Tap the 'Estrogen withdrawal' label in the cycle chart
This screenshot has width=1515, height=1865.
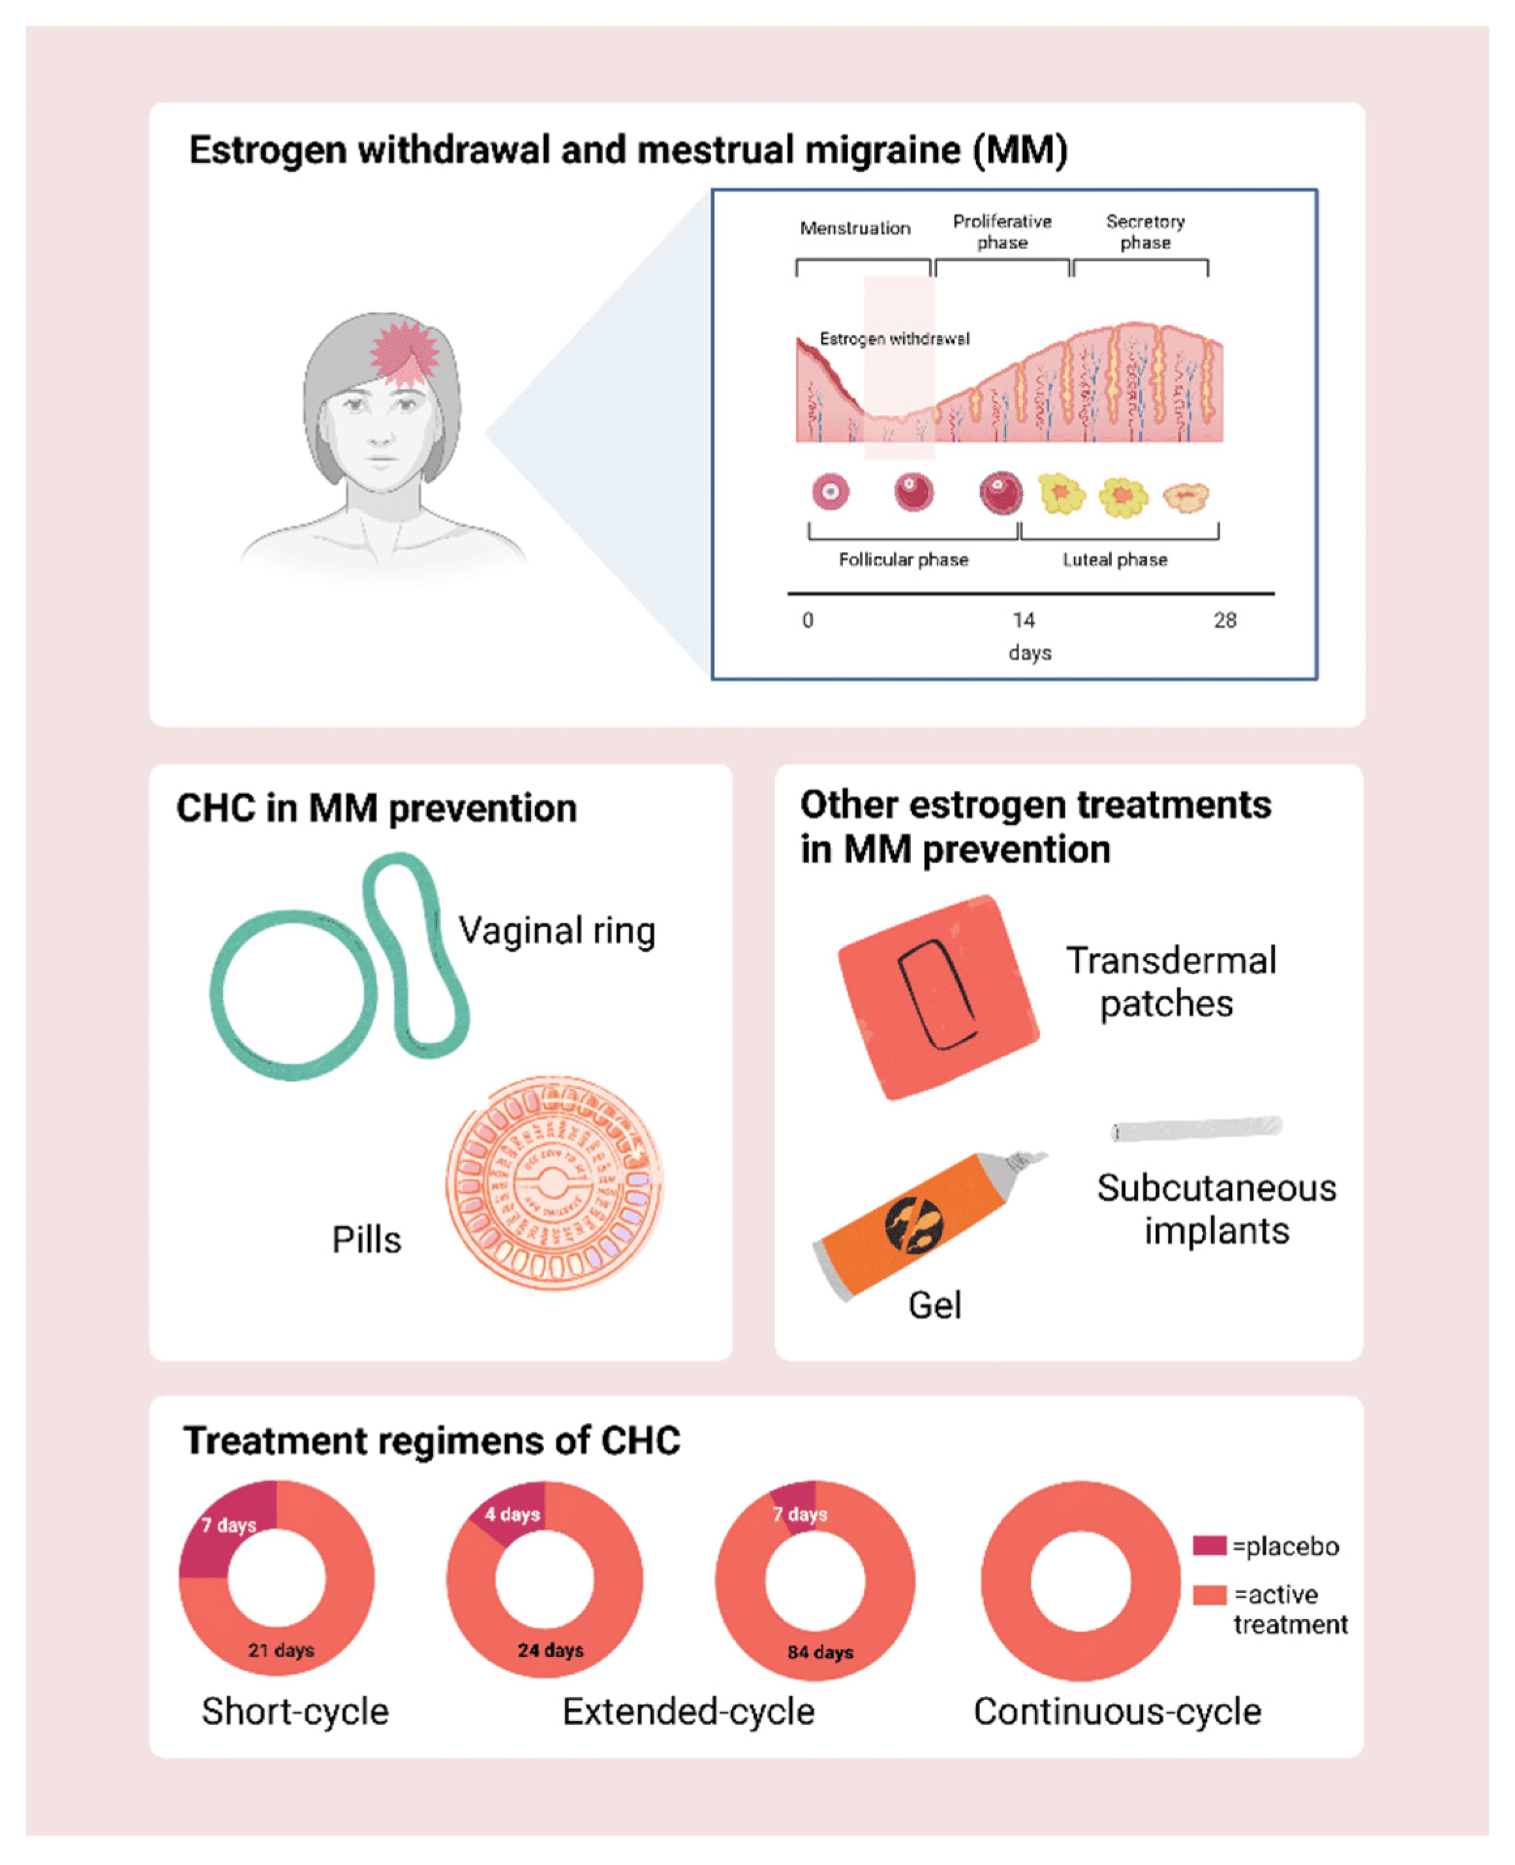(894, 339)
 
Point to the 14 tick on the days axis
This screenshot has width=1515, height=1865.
(1023, 620)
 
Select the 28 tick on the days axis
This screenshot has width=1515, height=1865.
(1225, 620)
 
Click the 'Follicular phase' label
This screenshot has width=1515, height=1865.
(903, 559)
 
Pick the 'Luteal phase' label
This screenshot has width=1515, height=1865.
(1114, 559)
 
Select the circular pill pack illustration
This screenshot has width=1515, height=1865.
(553, 1183)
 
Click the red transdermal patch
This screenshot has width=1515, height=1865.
(938, 996)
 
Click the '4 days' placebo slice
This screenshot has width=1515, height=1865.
(512, 1514)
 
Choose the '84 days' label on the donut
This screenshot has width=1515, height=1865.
(819, 1651)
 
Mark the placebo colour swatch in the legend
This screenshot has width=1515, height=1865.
(1209, 1546)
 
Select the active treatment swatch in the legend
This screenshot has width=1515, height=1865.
(1209, 1594)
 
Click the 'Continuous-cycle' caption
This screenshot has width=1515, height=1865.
(1117, 1712)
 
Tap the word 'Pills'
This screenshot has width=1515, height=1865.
(367, 1239)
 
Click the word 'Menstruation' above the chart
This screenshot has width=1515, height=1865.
(855, 228)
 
